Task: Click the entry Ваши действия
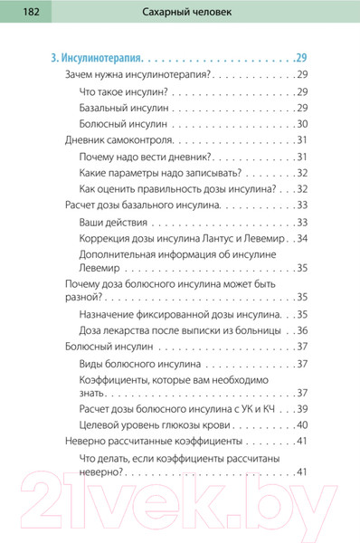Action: [113, 223]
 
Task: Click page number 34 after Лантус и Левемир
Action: [302, 239]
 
